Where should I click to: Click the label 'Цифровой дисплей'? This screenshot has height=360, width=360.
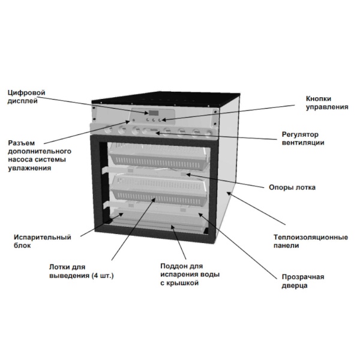pyautogui.click(x=26, y=97)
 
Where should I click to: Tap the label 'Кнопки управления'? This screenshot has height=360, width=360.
pyautogui.click(x=327, y=103)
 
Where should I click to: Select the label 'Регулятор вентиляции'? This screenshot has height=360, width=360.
pyautogui.click(x=303, y=138)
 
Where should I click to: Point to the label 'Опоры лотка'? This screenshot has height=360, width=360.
pyautogui.click(x=292, y=187)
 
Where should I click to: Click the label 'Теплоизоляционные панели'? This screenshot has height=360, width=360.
pyautogui.click(x=311, y=241)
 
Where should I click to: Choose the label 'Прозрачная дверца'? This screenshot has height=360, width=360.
pyautogui.click(x=303, y=281)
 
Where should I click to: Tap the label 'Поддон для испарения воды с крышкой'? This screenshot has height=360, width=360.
pyautogui.click(x=190, y=274)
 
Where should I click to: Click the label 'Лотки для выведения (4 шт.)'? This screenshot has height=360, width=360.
pyautogui.click(x=82, y=271)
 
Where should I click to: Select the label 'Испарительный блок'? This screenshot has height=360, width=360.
pyautogui.click(x=43, y=241)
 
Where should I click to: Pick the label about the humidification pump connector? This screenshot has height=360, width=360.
pyautogui.click(x=40, y=155)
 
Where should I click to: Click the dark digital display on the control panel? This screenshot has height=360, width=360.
pyautogui.click(x=153, y=113)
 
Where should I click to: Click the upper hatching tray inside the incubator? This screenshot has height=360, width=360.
pyautogui.click(x=160, y=155)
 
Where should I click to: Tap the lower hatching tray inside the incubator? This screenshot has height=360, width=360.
pyautogui.click(x=160, y=190)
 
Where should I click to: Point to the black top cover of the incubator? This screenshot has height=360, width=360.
pyautogui.click(x=166, y=99)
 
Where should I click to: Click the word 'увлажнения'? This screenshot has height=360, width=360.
pyautogui.click(x=29, y=168)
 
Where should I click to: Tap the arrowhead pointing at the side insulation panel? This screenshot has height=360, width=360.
pyautogui.click(x=229, y=194)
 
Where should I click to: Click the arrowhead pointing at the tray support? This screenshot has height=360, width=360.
pyautogui.click(x=188, y=175)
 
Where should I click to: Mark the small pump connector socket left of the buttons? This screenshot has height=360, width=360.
pyautogui.click(x=133, y=120)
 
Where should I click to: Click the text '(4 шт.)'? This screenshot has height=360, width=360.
pyautogui.click(x=103, y=275)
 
